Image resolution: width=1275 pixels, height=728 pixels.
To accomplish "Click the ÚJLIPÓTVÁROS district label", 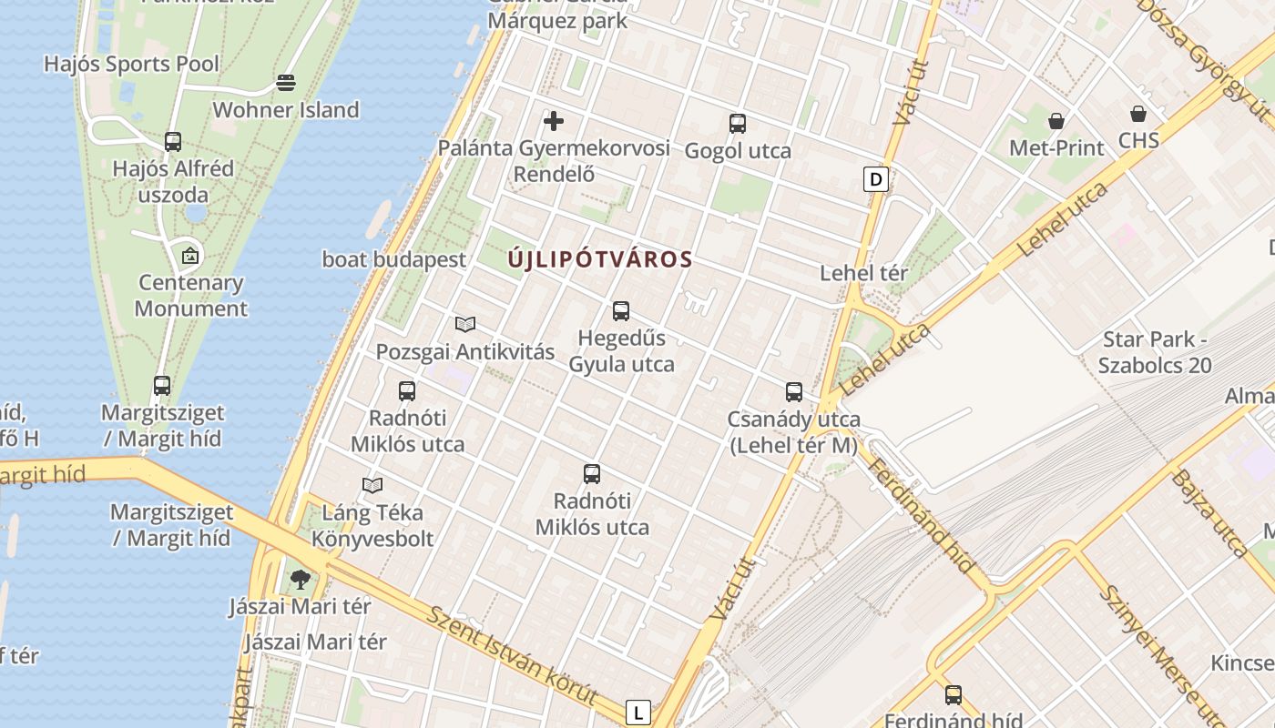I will point(600,259).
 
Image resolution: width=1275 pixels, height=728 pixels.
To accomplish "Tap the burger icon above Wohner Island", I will point(286,83).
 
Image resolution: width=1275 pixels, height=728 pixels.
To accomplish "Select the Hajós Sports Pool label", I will point(132,64).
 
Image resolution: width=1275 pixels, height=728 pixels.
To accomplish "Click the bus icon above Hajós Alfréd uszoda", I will point(173,142).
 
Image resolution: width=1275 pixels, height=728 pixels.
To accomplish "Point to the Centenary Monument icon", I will point(190,256).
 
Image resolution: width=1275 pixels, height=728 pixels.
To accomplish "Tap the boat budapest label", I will point(394,259).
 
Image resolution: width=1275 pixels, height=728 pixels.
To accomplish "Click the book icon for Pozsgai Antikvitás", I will point(465,324).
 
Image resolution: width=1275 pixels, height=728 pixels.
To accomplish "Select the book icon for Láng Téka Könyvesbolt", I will point(372,485).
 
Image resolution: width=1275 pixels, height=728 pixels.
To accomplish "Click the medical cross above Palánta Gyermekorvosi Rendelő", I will point(554,120).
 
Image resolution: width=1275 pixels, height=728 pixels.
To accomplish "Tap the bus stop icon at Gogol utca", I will point(738,124).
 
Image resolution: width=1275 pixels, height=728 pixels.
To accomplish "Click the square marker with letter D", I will point(876,179).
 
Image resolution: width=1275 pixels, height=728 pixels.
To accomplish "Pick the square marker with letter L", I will point(638,713).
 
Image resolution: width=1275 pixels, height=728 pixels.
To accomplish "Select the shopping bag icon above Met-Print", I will point(1056,120).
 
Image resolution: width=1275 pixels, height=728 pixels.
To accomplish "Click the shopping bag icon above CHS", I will point(1138,113).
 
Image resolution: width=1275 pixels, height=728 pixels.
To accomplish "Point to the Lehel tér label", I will point(864,273).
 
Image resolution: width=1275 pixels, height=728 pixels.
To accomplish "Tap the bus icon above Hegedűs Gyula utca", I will point(621,311).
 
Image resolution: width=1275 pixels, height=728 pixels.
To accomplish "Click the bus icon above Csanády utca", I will point(794,392).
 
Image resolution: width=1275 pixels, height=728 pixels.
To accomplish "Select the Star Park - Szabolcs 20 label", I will point(1155,352).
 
